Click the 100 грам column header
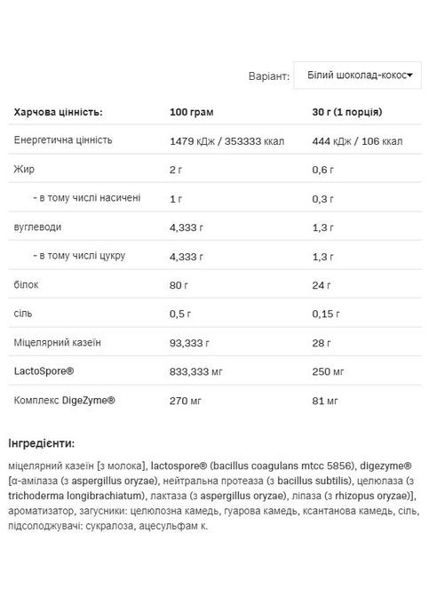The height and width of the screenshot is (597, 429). coord(192,113)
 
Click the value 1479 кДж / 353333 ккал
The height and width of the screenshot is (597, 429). coord(226,141)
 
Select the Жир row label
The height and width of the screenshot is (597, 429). coord(24,169)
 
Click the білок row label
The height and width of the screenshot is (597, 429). coord(27,284)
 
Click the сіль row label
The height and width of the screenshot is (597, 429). coord(24,313)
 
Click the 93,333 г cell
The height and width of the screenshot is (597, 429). coord(189,342)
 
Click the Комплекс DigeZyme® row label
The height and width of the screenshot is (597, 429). coord(65,400)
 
